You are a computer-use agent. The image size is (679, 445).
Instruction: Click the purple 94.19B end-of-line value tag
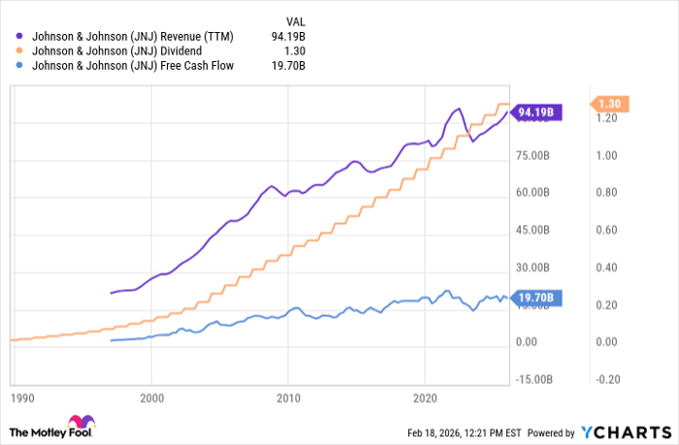[534, 111]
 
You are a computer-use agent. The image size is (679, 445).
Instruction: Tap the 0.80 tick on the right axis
[607, 193]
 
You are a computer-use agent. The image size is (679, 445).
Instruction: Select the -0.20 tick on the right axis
[607, 379]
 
